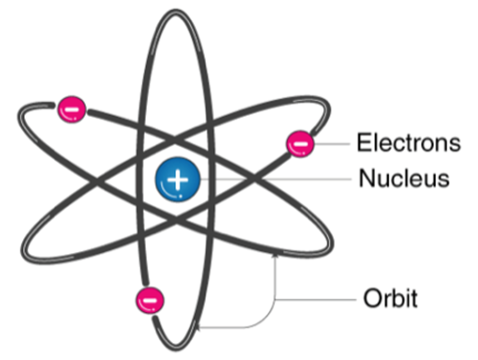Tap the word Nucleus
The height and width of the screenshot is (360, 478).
(404, 178)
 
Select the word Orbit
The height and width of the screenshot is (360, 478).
(390, 299)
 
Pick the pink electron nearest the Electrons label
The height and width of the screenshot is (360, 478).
(301, 144)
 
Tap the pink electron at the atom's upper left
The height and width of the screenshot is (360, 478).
(72, 108)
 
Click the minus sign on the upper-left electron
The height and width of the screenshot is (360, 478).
(72, 108)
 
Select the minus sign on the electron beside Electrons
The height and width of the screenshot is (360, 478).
(301, 144)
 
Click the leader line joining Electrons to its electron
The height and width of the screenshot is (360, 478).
(333, 144)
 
